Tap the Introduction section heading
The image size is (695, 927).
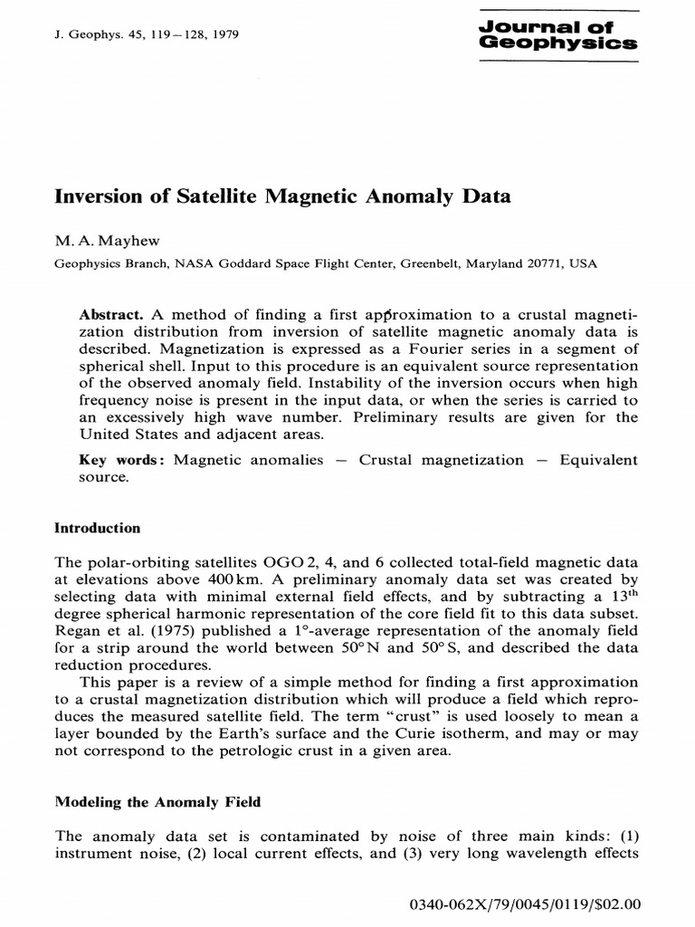[x=98, y=528]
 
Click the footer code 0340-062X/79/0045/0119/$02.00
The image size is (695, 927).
[x=525, y=903]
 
